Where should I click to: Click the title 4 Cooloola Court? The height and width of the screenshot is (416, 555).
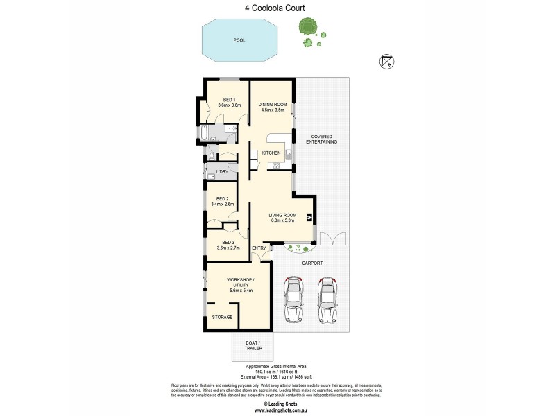(x=277, y=8)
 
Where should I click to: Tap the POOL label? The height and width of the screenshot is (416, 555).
(x=239, y=40)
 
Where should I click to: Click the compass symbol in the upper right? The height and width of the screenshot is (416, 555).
(x=386, y=62)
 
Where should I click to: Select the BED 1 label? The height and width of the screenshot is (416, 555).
(x=228, y=99)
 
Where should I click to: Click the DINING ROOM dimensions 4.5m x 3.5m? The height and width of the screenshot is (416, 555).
(x=272, y=110)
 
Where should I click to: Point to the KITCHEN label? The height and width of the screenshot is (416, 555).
(x=271, y=153)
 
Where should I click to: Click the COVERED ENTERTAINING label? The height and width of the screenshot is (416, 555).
(x=324, y=139)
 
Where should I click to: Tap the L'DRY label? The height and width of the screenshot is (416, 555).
(x=222, y=171)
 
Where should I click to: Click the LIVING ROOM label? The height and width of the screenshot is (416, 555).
(x=282, y=215)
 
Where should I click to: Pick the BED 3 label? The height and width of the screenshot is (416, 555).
(x=228, y=242)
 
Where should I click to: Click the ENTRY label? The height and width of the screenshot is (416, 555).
(x=259, y=248)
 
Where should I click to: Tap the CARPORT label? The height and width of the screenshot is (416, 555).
(x=313, y=263)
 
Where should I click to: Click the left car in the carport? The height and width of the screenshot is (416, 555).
(x=294, y=299)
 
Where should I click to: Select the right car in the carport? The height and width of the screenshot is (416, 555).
(x=327, y=299)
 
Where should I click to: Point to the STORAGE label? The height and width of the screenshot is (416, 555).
(x=223, y=317)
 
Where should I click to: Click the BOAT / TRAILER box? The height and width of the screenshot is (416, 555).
(x=252, y=346)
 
